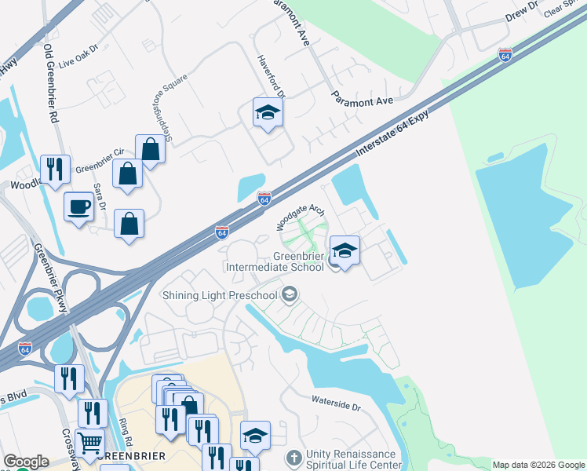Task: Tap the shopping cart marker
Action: (90, 444)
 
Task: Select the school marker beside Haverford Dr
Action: (268, 114)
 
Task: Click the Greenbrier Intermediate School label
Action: (275, 261)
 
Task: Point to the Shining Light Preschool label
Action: (220, 295)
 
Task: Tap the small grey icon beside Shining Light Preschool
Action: (290, 295)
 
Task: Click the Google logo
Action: (26, 462)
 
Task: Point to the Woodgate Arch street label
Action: (300, 216)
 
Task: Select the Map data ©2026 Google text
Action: (538, 465)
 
